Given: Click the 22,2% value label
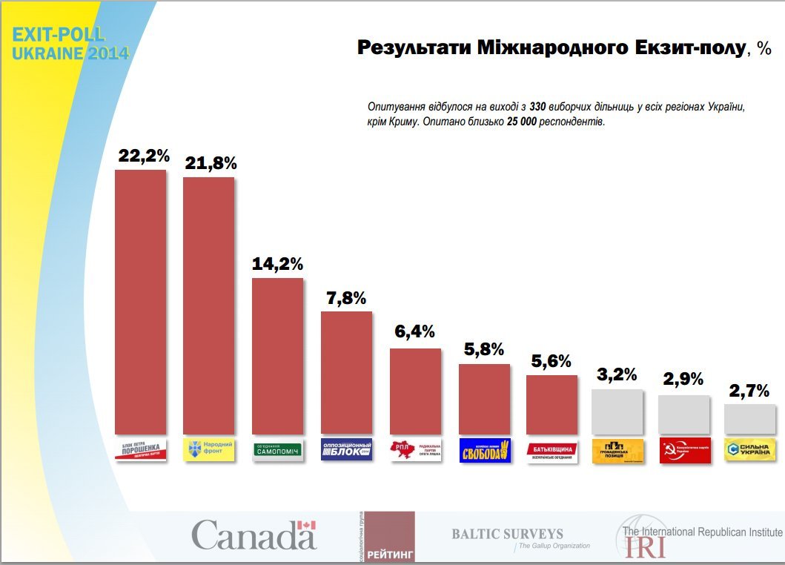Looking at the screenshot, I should [145, 156].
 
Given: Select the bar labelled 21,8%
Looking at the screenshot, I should [209, 304].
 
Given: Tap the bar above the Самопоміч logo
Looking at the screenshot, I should [278, 356].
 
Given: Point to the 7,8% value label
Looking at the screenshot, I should [346, 298].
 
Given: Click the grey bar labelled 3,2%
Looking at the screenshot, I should [617, 411].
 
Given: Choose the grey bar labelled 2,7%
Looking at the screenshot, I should [750, 419].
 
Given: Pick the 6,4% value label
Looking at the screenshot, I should [415, 332].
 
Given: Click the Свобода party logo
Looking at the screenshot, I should [485, 450].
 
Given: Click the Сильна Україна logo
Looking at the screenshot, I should [750, 450].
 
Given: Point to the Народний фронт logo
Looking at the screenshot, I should [209, 449].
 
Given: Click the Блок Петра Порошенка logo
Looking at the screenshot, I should [141, 450].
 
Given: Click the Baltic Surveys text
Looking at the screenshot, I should [508, 534].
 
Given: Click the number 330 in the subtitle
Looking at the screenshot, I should [537, 107].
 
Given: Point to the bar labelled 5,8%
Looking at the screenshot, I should [485, 399].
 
